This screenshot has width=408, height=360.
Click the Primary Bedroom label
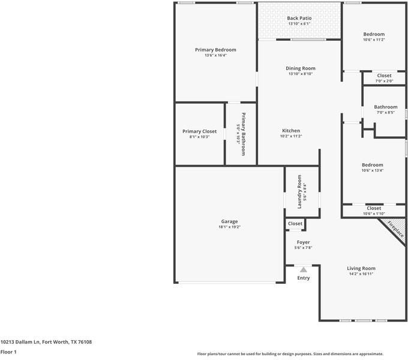pyautogui.click(x=215, y=50)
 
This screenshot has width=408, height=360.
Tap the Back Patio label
pyautogui.click(x=299, y=19)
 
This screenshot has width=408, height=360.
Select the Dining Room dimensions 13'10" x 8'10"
pyautogui.click(x=301, y=74)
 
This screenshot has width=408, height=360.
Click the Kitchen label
pyautogui.click(x=291, y=131)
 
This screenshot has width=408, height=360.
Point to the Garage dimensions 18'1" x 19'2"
pyautogui.click(x=229, y=227)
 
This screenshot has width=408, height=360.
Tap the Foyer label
pyautogui.click(x=303, y=242)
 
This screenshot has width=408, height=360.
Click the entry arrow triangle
pyautogui.click(x=304, y=270)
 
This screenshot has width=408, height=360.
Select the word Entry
pyautogui.click(x=304, y=278)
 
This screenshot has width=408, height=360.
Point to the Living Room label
pyautogui.click(x=361, y=268)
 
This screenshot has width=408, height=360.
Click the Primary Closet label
pyautogui.click(x=199, y=131)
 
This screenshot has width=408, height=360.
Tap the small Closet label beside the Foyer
pyautogui.click(x=295, y=224)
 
